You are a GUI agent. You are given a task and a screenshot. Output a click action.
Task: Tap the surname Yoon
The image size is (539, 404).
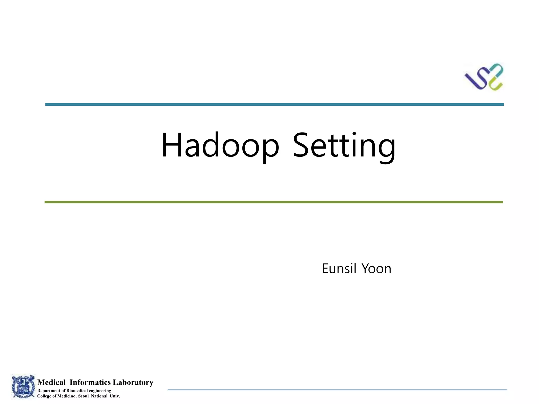coord(376,269)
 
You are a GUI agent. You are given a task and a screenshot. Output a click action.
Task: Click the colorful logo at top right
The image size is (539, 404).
coord(484,77)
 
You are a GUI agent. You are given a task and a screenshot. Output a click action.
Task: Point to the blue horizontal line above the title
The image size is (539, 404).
coord(274,104)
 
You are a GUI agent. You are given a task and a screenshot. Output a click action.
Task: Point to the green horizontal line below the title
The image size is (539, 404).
coord(274,202)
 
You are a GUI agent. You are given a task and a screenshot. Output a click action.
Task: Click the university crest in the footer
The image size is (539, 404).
coord(23,387)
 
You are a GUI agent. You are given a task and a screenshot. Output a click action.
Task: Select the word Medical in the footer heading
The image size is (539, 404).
coord(52,382)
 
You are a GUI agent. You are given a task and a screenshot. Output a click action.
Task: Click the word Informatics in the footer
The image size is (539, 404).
coord(90,382)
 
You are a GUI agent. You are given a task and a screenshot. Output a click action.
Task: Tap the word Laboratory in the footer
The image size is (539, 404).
coord(133,382)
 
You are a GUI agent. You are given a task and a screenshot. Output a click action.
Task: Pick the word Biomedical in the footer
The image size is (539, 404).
coord(77,391)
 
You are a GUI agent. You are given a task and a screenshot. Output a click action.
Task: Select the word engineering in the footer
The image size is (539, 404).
coord(100,391)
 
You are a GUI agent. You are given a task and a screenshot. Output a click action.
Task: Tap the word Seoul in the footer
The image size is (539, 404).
coord(83,396)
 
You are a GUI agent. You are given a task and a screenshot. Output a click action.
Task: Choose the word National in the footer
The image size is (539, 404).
coord(99,396)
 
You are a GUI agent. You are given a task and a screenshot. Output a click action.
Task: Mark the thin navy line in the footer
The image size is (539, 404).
coord(337,390)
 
